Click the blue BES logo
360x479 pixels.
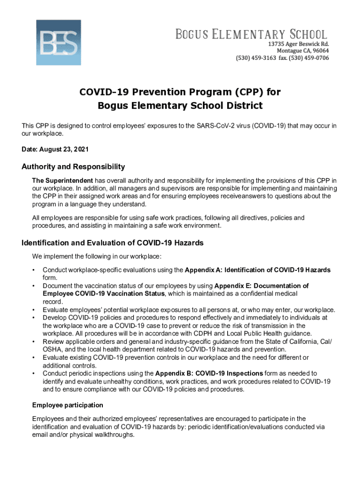point(58,42)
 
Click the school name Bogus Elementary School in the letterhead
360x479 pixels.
point(251,35)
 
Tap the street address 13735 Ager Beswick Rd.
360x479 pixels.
point(298,44)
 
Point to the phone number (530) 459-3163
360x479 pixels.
point(255,58)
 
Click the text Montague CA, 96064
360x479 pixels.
point(302,51)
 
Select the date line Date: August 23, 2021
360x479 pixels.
point(55,149)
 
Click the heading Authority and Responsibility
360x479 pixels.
point(73,167)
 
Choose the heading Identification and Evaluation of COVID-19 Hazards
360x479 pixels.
point(113,243)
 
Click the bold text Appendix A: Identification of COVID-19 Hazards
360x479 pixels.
point(258,270)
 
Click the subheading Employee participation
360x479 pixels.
point(67,405)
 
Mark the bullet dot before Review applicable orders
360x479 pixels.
point(34,342)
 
